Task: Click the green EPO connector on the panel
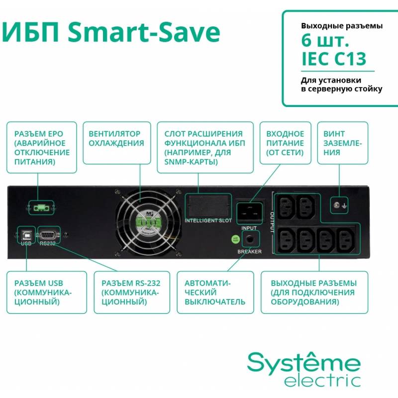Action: tap(41, 208)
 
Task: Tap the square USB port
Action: tap(26, 235)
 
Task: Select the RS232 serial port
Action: tap(49, 235)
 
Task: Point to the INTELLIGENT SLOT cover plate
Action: tap(208, 206)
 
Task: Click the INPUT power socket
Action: tap(249, 213)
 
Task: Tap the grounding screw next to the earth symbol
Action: tap(337, 205)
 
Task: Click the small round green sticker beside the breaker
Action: tap(236, 239)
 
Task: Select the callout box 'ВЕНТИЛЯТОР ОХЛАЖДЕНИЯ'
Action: tap(117, 143)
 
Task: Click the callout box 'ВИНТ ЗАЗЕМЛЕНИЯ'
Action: tap(343, 143)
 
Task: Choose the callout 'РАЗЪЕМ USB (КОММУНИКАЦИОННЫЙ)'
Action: tap(47, 293)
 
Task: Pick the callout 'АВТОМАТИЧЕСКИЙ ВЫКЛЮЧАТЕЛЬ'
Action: tap(215, 293)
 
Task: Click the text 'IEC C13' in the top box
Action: tap(333, 59)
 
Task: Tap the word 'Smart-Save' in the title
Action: tap(144, 32)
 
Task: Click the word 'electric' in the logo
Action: tap(322, 381)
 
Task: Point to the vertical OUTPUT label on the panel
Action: tap(272, 222)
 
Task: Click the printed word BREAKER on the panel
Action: tap(250, 252)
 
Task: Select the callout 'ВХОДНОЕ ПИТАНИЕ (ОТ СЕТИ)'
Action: tap(285, 143)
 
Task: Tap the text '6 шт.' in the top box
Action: tap(325, 41)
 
